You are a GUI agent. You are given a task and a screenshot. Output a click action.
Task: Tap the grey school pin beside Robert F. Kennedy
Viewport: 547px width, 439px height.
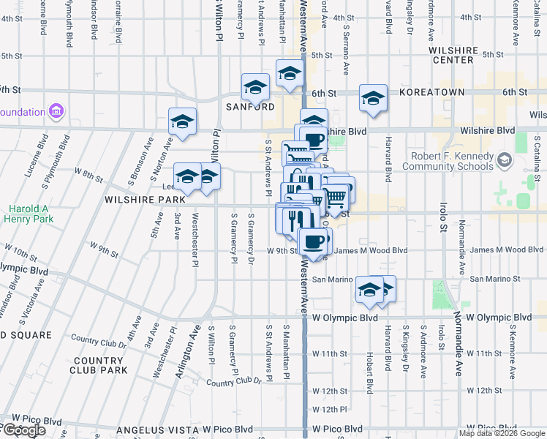[x=505, y=160]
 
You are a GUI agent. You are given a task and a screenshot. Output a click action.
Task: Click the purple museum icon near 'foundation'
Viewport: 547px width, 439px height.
[x=56, y=112]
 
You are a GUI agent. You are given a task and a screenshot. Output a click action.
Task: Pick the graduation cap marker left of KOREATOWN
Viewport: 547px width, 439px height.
[x=373, y=99]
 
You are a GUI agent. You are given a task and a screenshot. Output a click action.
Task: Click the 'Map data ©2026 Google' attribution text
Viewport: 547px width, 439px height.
[x=502, y=433]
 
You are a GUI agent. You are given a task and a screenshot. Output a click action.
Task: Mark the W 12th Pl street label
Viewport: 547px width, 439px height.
[x=329, y=410]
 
